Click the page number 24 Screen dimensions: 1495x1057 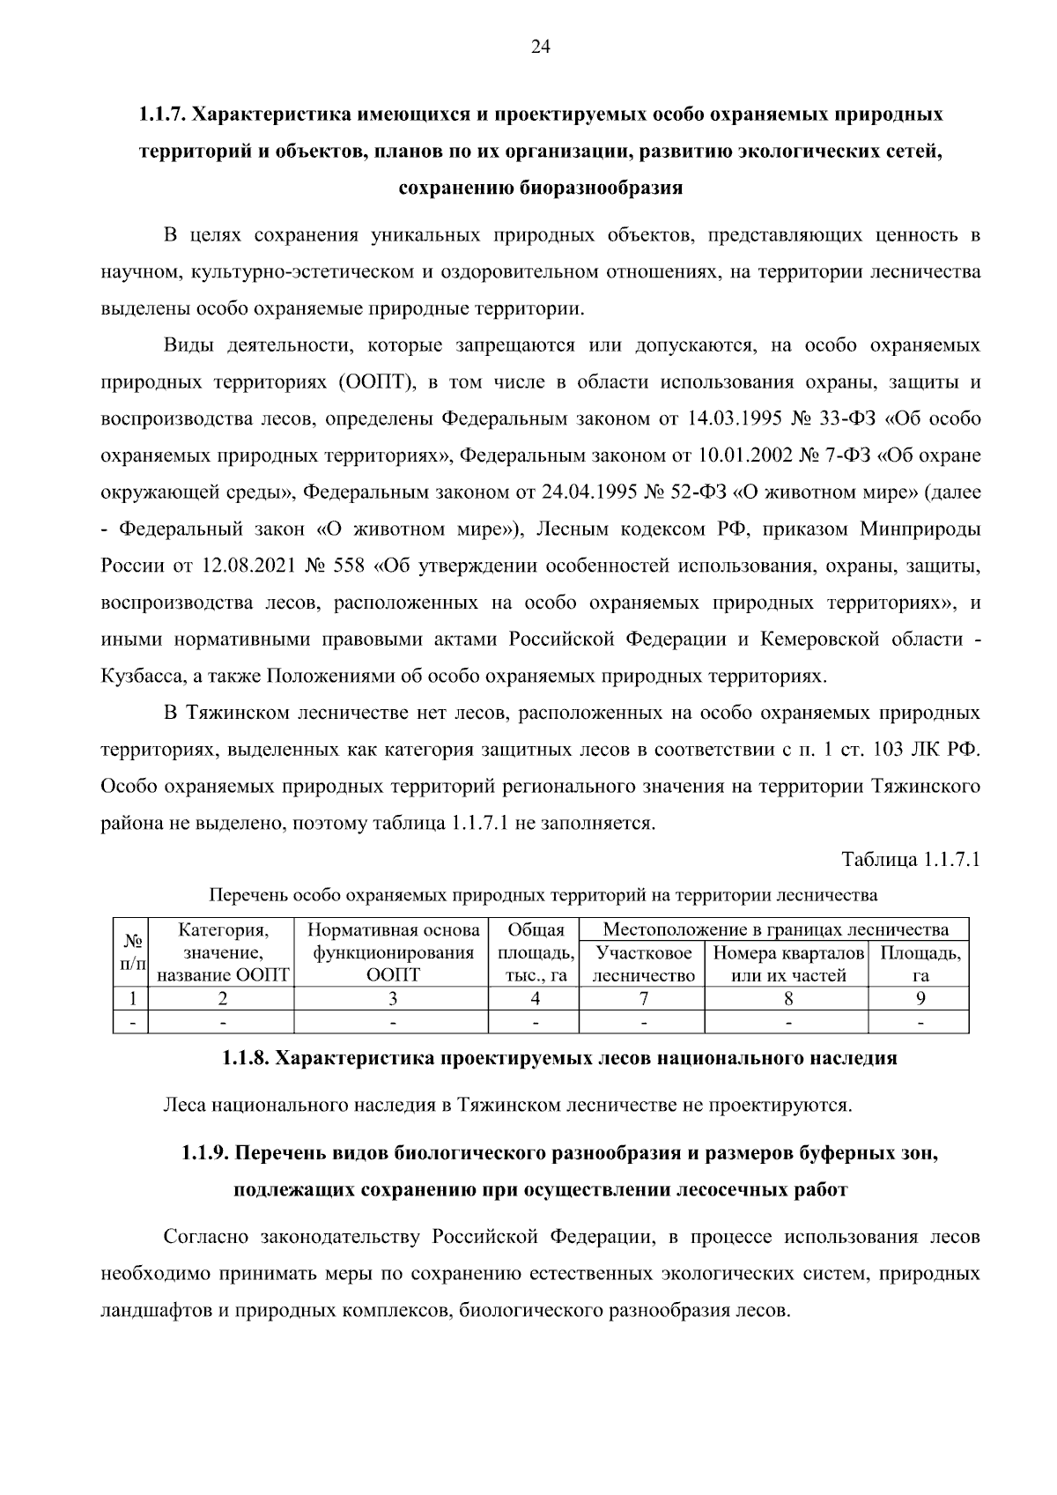point(540,48)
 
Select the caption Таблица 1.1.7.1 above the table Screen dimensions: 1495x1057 point(911,859)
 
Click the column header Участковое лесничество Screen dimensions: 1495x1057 point(643,964)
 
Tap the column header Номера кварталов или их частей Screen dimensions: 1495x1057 point(787,964)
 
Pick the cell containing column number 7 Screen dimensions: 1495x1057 point(643,998)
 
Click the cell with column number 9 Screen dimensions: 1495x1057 point(920,998)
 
